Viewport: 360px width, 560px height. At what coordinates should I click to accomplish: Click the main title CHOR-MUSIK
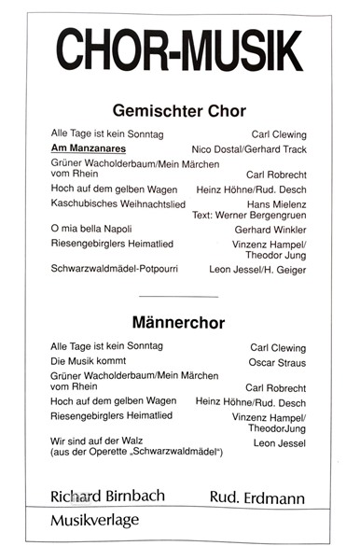point(178,48)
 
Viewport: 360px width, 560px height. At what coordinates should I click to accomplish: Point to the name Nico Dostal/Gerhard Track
point(248,149)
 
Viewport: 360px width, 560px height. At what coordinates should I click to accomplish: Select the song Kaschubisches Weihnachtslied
point(111,203)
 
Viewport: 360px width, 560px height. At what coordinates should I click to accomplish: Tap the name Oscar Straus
point(278,362)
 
